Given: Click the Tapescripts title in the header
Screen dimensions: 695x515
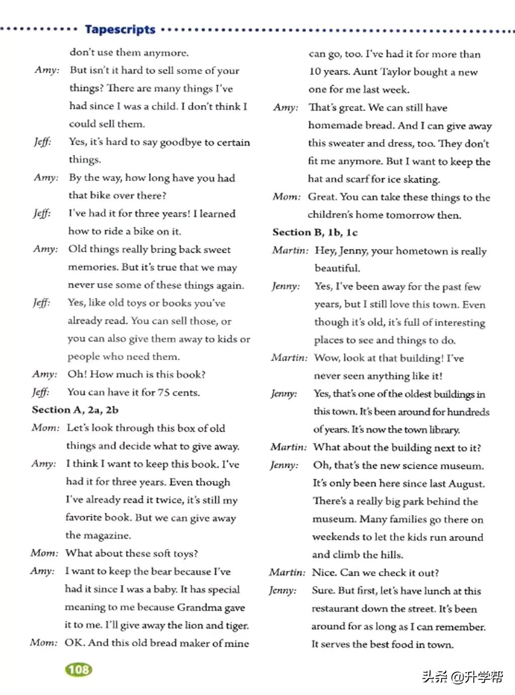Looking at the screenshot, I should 120,29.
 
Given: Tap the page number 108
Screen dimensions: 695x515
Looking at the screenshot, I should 79,669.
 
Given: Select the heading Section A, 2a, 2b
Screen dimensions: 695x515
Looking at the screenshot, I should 75,410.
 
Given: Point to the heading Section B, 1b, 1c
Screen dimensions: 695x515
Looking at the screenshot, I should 315,232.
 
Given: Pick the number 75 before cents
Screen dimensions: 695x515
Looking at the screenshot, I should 163,392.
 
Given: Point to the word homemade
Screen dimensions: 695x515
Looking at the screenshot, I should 334,125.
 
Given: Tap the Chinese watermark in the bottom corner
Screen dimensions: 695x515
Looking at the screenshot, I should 462,677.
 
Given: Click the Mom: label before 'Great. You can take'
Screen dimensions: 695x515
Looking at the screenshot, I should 287,197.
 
